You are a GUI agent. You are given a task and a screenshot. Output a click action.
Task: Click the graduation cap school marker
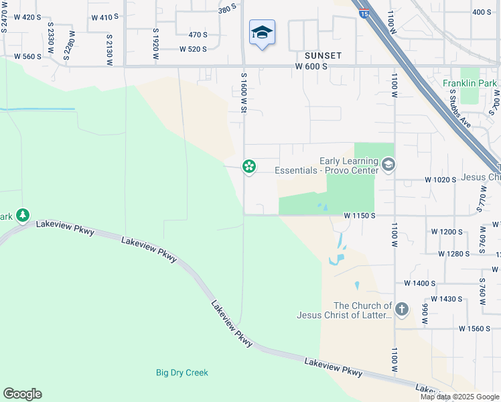[x=262, y=33]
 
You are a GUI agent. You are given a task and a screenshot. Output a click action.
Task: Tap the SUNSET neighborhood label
[x=324, y=56]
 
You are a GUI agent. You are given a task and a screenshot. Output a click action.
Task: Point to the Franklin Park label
[x=470, y=83]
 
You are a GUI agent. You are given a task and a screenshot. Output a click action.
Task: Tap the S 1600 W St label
[x=244, y=94]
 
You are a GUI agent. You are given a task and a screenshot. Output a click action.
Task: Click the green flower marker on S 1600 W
[x=249, y=165]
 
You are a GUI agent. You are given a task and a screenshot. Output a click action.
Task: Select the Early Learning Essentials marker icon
[x=388, y=165]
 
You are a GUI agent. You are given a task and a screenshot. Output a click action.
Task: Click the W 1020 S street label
[x=440, y=180]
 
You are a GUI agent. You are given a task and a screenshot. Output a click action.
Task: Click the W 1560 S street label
[x=475, y=329]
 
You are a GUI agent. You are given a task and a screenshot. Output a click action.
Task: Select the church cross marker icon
[x=402, y=309]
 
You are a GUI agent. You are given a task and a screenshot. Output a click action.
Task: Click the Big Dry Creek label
[x=182, y=373]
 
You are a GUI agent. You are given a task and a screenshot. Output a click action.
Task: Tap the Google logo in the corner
[x=22, y=394]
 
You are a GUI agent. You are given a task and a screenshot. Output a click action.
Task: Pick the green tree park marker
[x=23, y=215]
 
